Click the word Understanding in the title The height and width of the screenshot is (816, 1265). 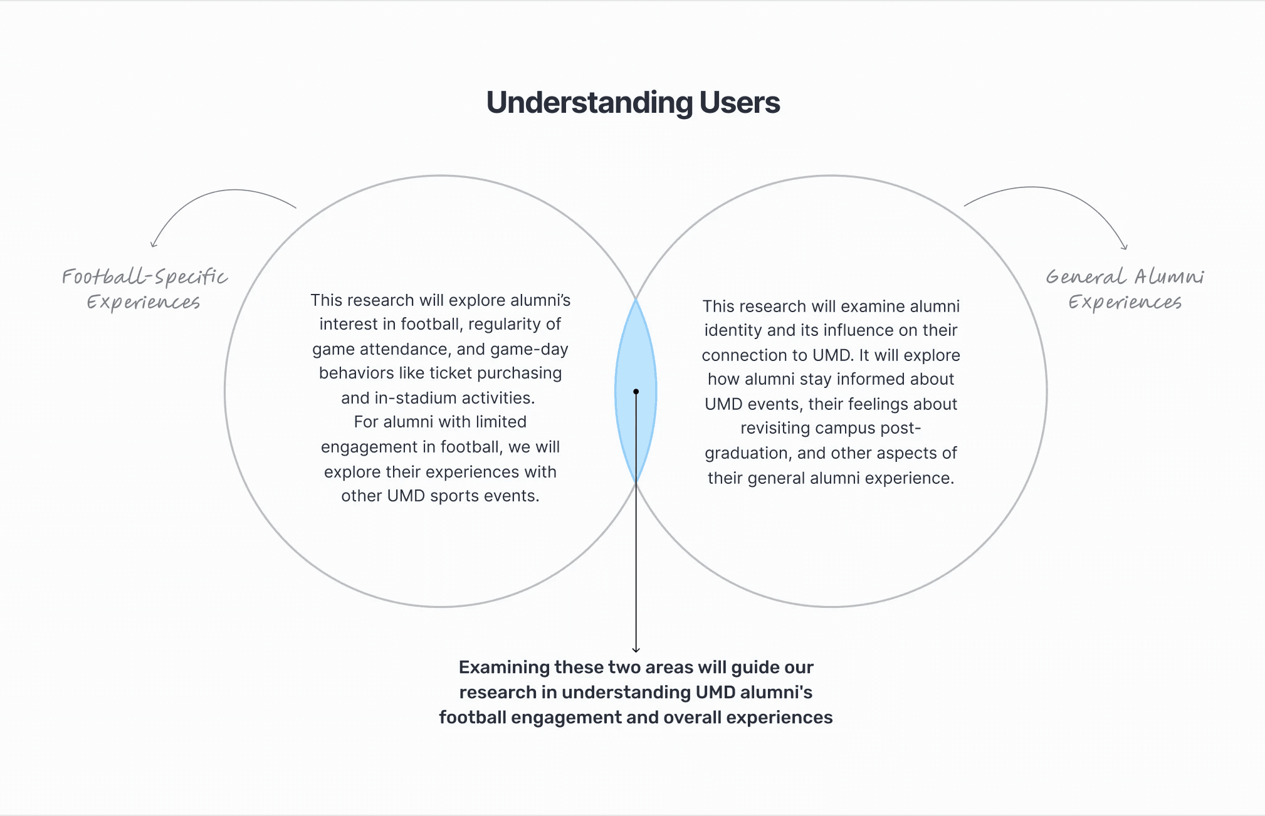(x=589, y=103)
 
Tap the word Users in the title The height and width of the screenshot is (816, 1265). (x=740, y=103)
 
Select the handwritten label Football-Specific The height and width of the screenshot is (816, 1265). (x=144, y=276)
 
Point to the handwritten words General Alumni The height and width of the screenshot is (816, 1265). (x=1125, y=276)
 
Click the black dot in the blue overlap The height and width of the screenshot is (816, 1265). (x=636, y=392)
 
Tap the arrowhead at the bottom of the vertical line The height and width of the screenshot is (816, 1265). (x=636, y=649)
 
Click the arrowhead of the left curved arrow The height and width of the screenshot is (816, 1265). (x=153, y=244)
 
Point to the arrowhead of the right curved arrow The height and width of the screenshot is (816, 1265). (x=1125, y=246)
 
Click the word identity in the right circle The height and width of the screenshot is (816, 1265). (x=733, y=330)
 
